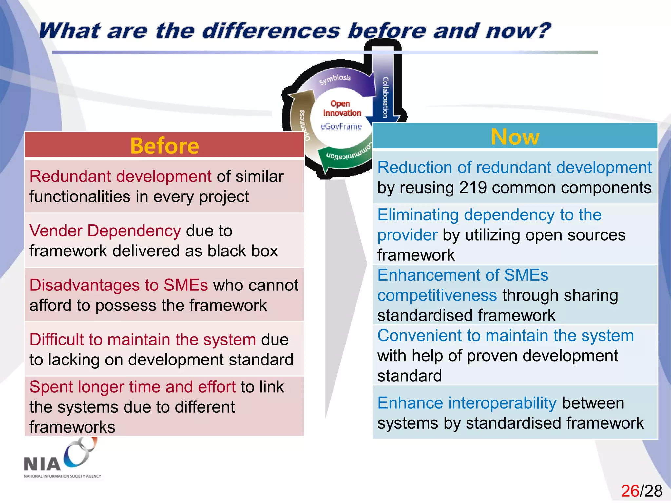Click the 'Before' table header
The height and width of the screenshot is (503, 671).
(164, 145)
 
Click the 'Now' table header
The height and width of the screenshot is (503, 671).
(515, 137)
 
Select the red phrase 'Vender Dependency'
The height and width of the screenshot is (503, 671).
(105, 231)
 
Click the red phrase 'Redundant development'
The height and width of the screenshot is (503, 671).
(120, 176)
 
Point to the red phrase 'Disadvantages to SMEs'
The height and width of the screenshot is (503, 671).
(119, 285)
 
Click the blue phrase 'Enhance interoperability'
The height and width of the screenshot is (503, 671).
(467, 403)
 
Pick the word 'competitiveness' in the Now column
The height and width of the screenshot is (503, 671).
(437, 295)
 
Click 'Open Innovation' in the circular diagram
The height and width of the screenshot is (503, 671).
(341, 108)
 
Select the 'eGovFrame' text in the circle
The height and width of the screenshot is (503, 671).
(341, 126)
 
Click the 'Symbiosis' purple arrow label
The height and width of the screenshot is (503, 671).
(335, 79)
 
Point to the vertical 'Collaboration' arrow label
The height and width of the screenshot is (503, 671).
(385, 97)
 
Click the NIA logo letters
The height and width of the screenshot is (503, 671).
(42, 464)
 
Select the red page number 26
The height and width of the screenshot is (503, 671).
(630, 491)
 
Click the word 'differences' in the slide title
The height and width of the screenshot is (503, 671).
(271, 31)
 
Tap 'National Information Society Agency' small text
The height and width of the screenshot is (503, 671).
(62, 476)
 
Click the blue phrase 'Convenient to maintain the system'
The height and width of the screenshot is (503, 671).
(505, 336)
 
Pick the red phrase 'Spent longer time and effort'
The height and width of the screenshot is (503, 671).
(132, 387)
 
